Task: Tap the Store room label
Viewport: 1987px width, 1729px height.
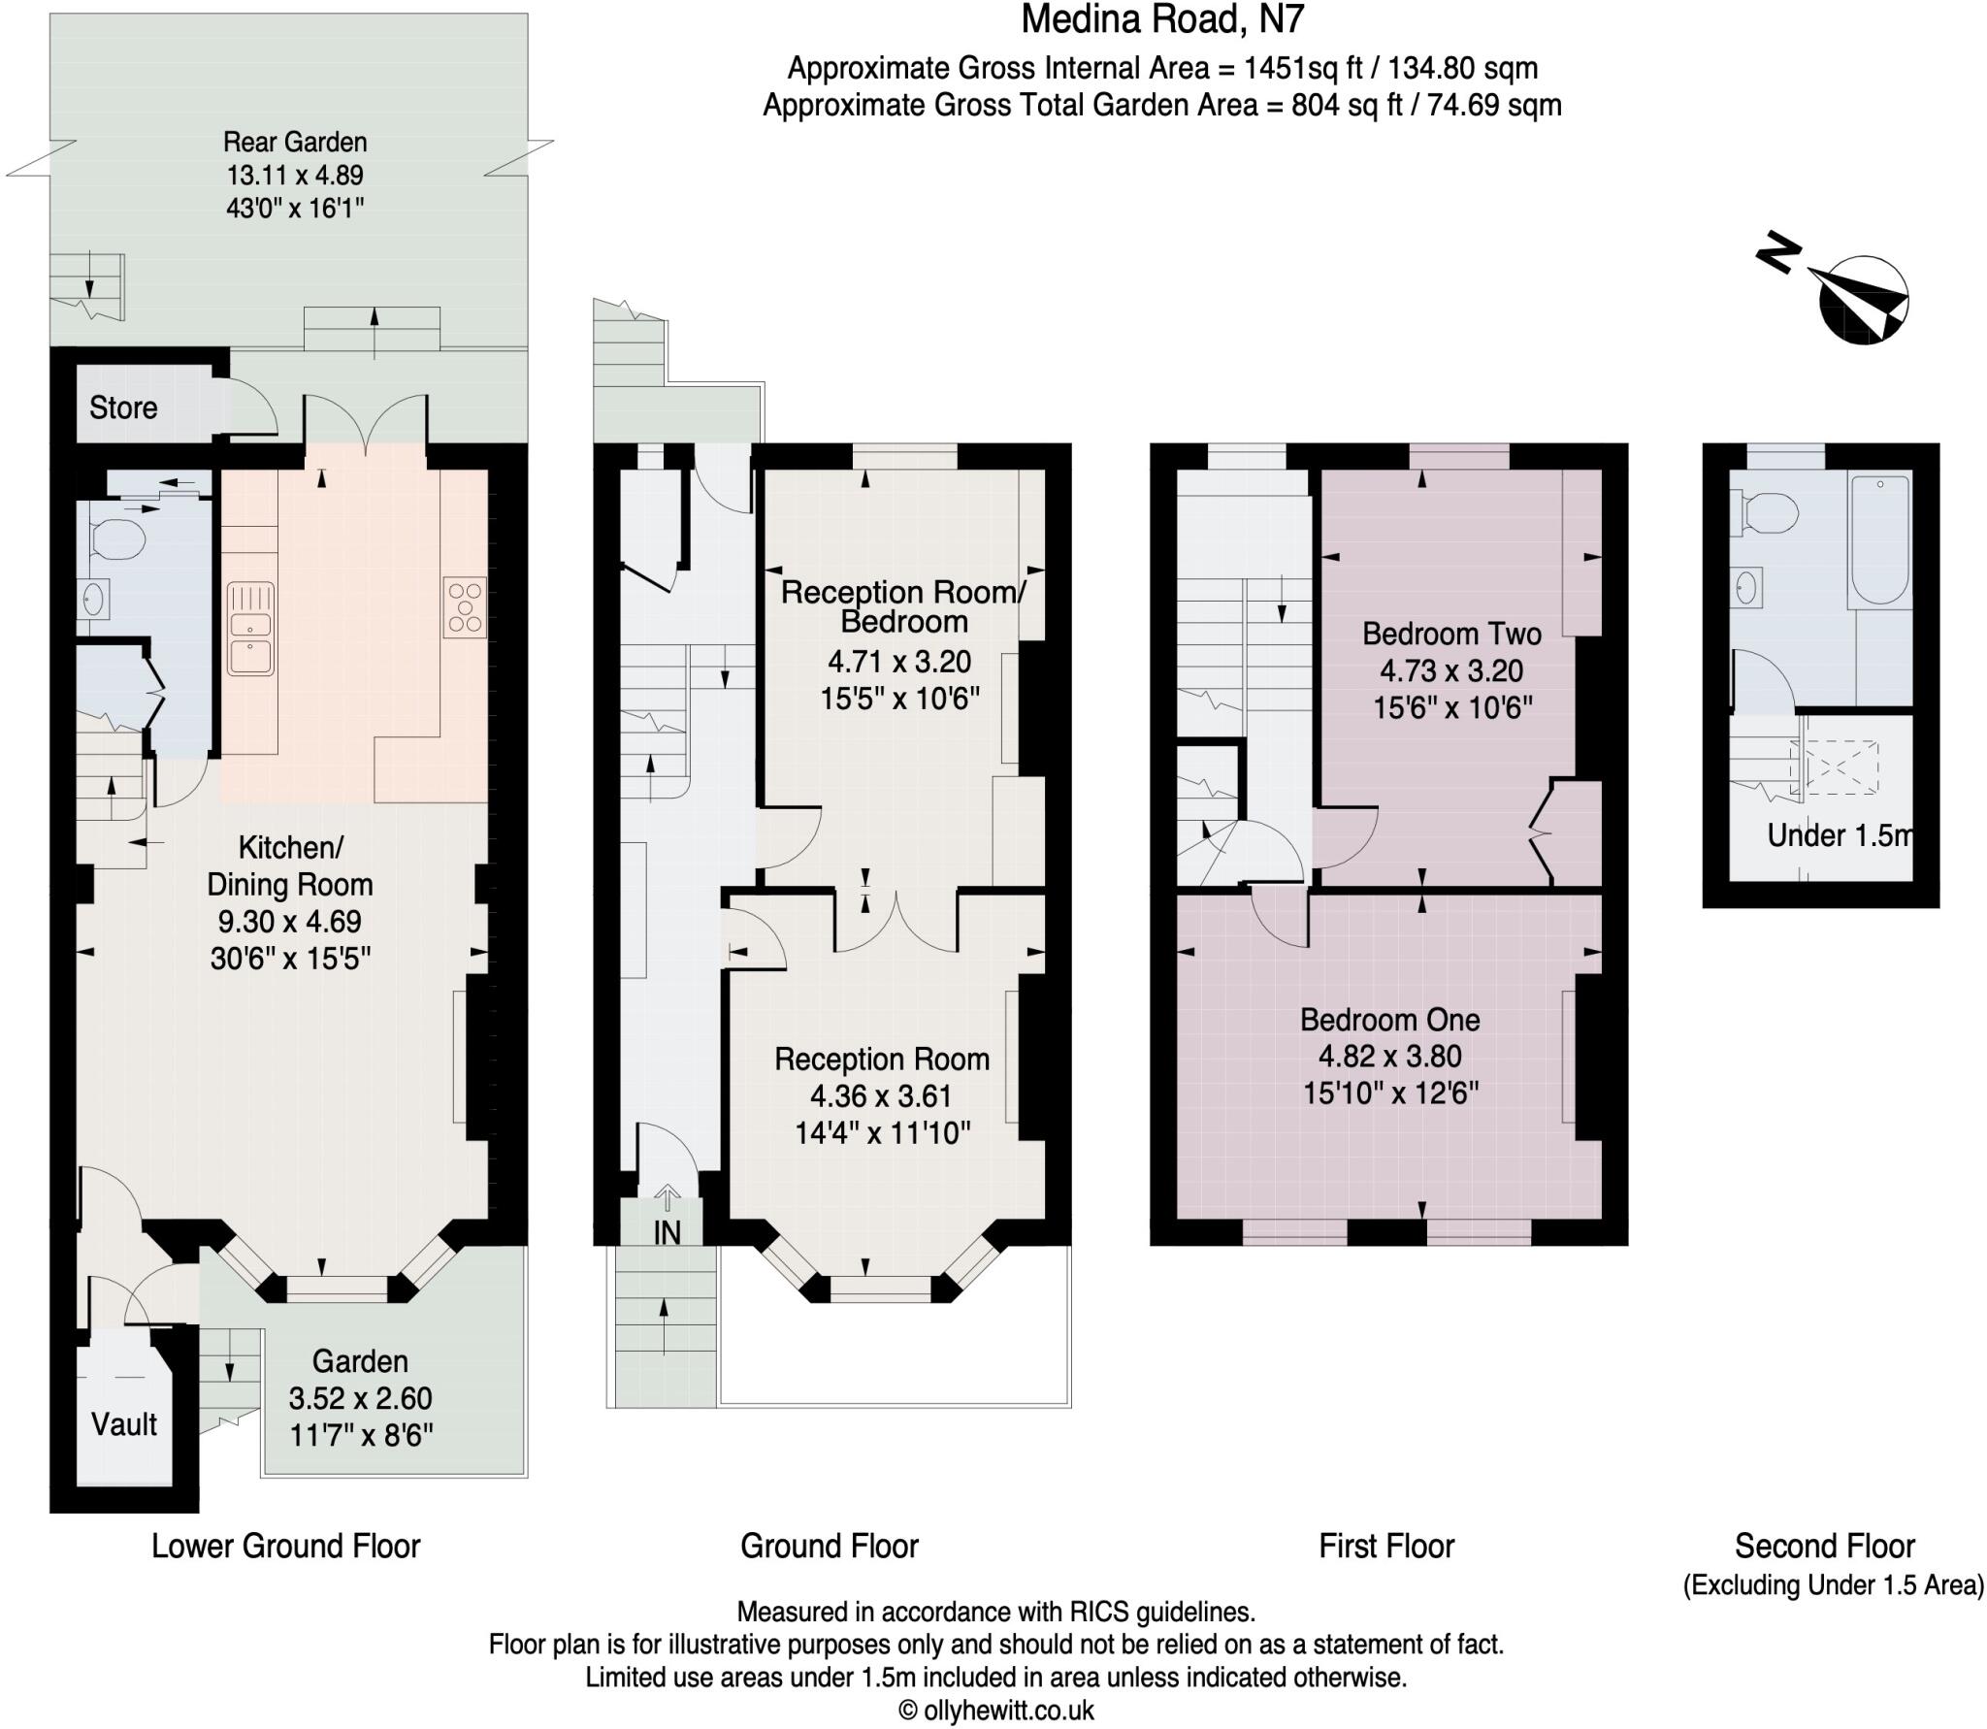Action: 123,408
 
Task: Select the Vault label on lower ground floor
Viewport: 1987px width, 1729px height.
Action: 123,1424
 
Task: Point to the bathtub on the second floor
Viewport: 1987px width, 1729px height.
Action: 1880,539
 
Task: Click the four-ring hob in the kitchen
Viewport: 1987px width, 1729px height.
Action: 465,607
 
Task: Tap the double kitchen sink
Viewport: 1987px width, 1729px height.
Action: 251,629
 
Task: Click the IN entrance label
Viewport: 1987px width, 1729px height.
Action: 667,1232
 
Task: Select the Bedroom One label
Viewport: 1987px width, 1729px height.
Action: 1389,1020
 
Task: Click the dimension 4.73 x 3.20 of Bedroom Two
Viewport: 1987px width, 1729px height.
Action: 1451,670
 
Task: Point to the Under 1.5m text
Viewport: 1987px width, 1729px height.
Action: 1837,835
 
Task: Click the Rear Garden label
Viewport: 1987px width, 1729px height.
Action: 295,142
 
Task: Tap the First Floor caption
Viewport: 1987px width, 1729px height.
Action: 1385,1546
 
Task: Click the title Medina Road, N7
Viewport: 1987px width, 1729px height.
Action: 1162,19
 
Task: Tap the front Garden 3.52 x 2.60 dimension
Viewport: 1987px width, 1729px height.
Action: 360,1398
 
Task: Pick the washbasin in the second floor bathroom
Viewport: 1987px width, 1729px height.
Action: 1747,586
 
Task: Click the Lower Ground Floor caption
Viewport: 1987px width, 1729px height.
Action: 285,1546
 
